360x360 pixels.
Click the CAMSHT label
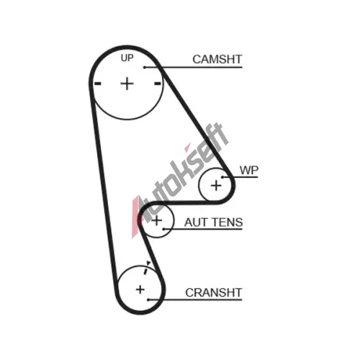(217, 59)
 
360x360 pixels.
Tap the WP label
(249, 170)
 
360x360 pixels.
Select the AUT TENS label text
(213, 222)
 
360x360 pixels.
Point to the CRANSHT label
(213, 292)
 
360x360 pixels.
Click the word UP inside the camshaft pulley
(127, 58)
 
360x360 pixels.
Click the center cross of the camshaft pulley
(127, 84)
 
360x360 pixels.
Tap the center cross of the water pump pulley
(216, 186)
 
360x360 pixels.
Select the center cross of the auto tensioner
(157, 220)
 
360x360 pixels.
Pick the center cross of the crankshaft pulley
(140, 289)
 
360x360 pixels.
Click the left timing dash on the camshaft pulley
(98, 84)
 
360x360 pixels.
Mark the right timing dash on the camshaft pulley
(158, 84)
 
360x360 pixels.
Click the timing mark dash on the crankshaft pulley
(145, 271)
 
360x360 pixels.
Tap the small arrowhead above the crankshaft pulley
(148, 263)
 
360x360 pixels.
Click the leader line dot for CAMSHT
(145, 68)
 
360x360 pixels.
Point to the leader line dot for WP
(222, 177)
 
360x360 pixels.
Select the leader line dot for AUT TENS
(163, 229)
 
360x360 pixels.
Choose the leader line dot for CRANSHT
(148, 300)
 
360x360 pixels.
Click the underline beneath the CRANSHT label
(195, 300)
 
